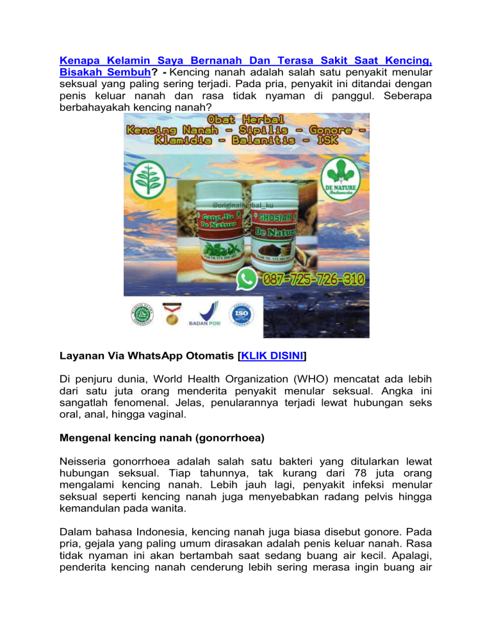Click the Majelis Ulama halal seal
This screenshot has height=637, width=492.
(x=142, y=313)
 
